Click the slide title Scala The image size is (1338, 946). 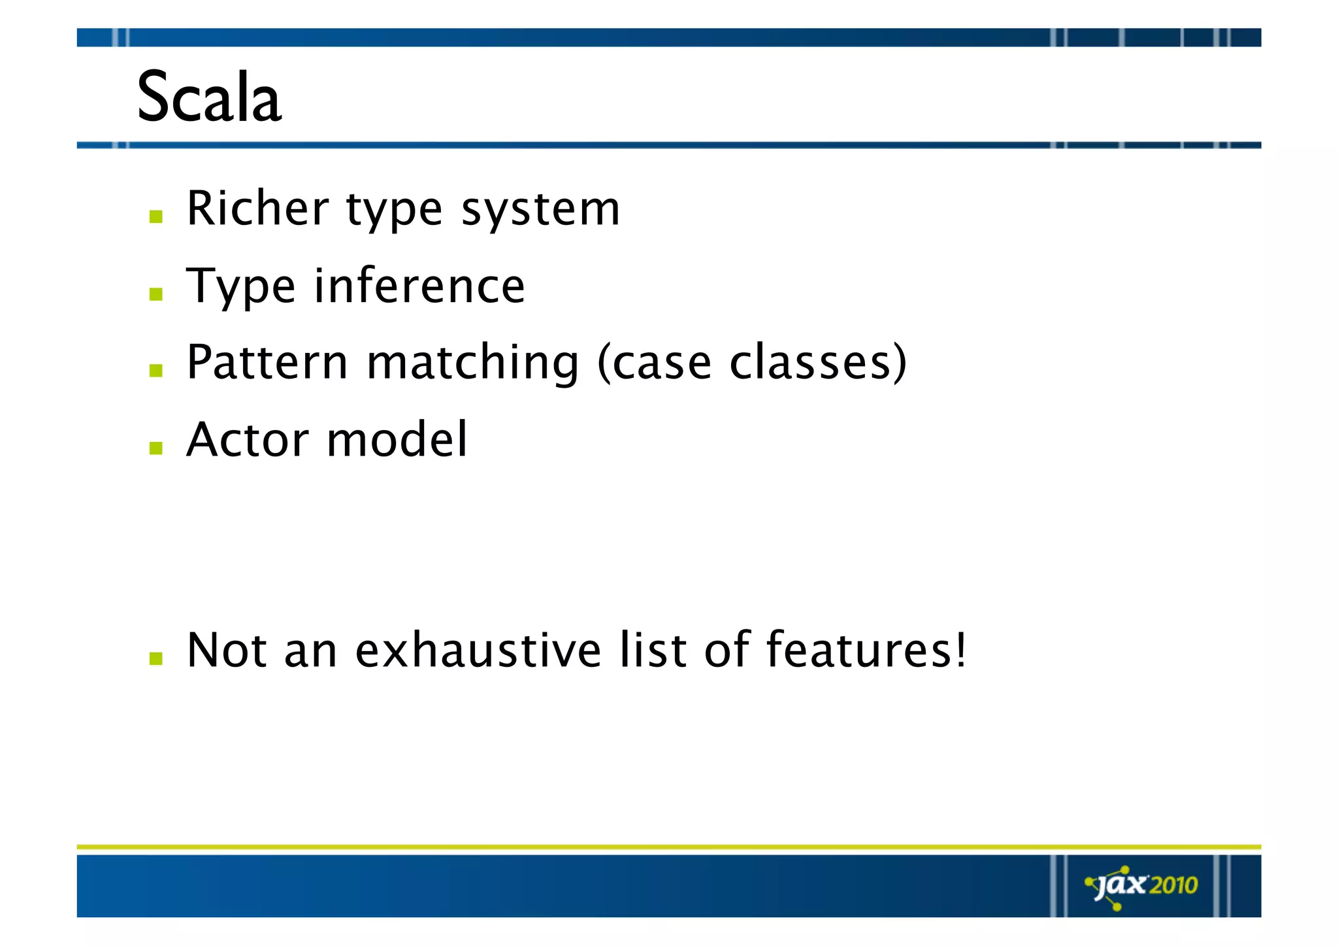click(209, 98)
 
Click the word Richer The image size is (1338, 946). click(257, 209)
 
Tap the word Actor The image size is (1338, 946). click(248, 439)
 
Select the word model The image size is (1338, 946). click(397, 439)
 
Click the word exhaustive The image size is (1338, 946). click(478, 650)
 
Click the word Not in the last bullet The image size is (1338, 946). click(227, 650)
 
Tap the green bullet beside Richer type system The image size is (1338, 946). click(155, 217)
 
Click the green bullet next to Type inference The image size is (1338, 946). click(155, 294)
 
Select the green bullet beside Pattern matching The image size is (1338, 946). click(155, 371)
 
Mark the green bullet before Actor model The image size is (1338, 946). click(155, 448)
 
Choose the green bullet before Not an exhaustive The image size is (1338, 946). click(155, 658)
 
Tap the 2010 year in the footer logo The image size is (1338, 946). click(1173, 885)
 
